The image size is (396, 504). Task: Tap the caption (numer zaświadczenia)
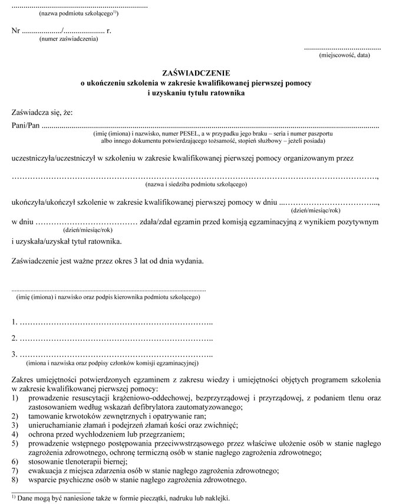(x=68, y=39)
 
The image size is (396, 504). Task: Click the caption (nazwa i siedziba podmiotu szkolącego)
(x=196, y=185)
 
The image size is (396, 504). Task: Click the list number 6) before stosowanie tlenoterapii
(x=16, y=461)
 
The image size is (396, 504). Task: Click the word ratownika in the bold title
(x=222, y=92)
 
